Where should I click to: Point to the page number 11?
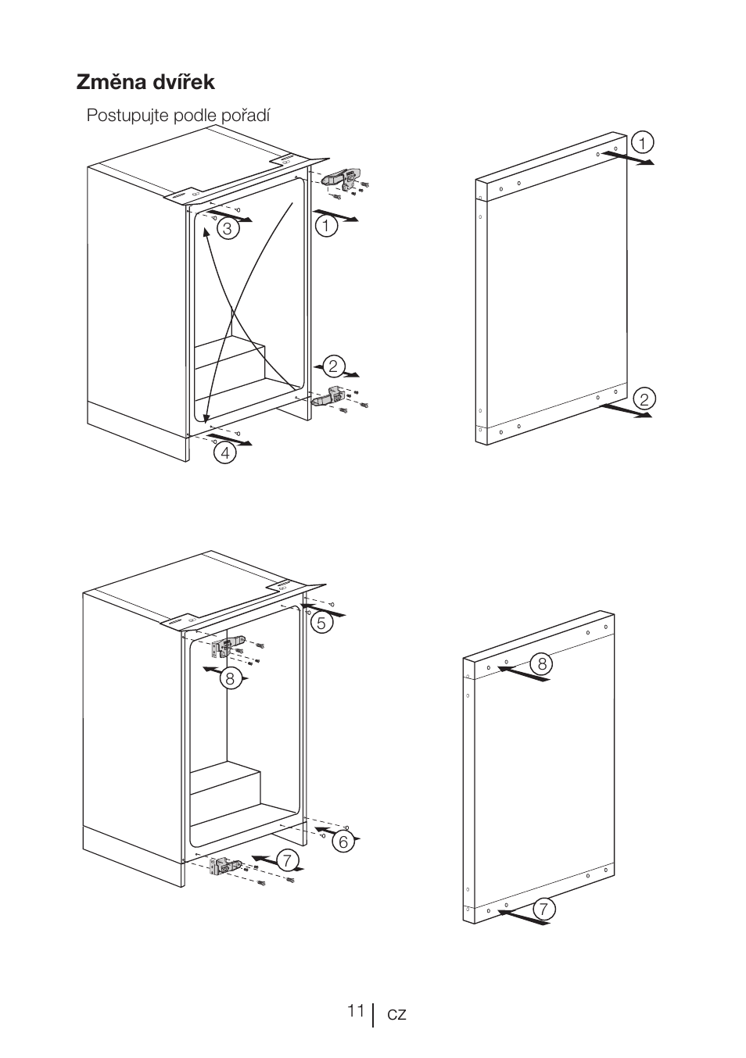pos(356,1011)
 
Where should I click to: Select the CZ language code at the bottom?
pos(396,1014)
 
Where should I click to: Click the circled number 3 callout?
pos(227,228)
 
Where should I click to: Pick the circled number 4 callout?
pos(224,452)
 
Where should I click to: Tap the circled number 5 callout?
pos(321,623)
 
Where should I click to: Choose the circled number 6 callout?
pos(343,842)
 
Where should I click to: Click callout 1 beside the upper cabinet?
pos(326,226)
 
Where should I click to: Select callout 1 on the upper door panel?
pos(642,143)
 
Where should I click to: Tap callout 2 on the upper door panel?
pos(644,399)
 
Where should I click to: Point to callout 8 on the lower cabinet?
pos(230,678)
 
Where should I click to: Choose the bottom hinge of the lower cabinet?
pos(227,866)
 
